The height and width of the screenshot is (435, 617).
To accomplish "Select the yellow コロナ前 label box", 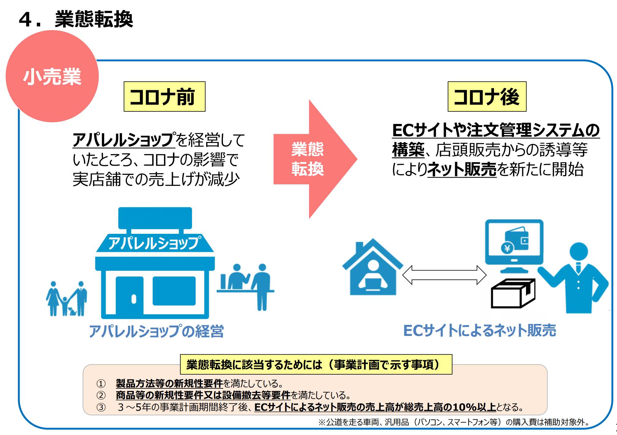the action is pos(164,97).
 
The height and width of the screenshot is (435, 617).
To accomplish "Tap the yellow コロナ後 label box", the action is pos(487,97).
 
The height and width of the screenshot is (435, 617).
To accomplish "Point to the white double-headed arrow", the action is pos(444,275).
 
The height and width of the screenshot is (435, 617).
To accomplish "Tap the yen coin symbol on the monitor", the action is pos(507,248).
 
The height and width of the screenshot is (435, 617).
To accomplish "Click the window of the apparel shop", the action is pos(174,291).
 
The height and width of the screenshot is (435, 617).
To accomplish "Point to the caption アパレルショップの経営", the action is pos(156,331).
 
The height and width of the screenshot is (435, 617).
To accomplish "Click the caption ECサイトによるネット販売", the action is pos(480,331).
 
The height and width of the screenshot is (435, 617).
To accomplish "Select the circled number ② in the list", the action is pos(101,395).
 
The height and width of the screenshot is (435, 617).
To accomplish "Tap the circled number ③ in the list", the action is pos(101,407).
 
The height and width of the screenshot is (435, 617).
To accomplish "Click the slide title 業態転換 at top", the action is pos(94,19).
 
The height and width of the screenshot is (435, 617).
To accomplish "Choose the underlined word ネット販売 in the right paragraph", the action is pos(462,169).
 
